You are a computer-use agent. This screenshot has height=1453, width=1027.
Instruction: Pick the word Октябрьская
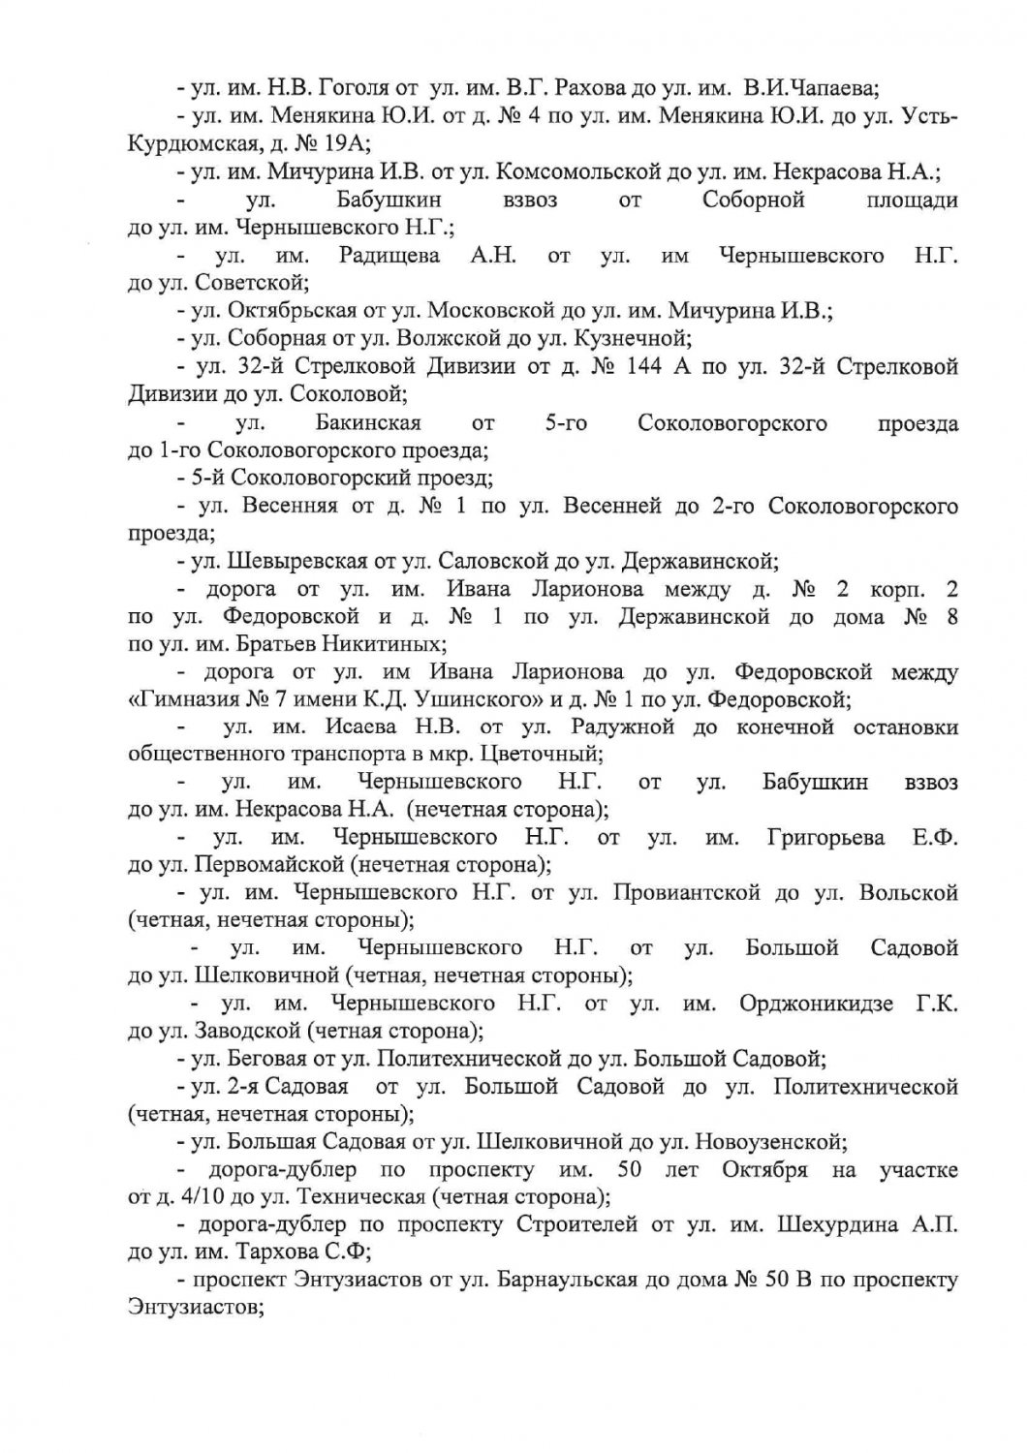tap(293, 311)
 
